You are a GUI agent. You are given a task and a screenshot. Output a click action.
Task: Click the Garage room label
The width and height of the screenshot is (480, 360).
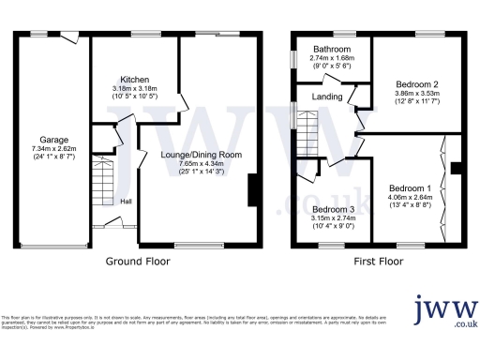(x=53, y=140)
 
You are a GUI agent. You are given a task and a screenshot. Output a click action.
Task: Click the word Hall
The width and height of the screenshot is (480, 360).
(x=126, y=200)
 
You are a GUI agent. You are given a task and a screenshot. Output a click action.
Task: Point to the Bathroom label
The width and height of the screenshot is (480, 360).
(x=332, y=49)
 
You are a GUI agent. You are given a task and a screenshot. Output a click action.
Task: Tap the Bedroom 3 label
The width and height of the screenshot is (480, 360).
(x=333, y=208)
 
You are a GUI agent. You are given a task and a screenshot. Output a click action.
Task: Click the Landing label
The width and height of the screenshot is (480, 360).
(x=327, y=96)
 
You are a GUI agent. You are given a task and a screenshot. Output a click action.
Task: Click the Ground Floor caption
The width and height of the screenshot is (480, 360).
(x=137, y=262)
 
